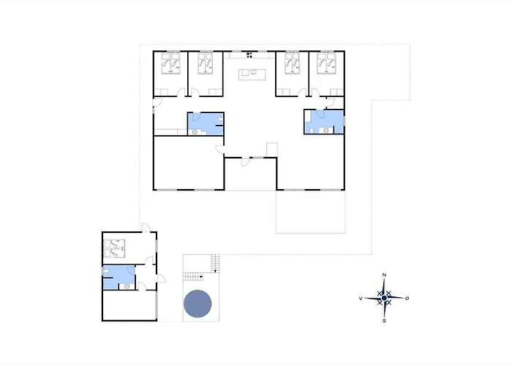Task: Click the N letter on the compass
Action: (x=385, y=274)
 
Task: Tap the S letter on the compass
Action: (x=385, y=320)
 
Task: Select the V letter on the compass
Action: (x=361, y=299)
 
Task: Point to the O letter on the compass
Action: (x=407, y=298)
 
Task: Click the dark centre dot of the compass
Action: (x=385, y=298)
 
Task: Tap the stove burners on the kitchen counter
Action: (x=250, y=54)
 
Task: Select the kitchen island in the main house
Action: (x=250, y=72)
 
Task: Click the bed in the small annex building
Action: (x=116, y=248)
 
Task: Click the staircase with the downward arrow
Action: (x=215, y=261)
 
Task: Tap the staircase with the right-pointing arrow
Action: (x=193, y=276)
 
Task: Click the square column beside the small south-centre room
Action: (x=272, y=149)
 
